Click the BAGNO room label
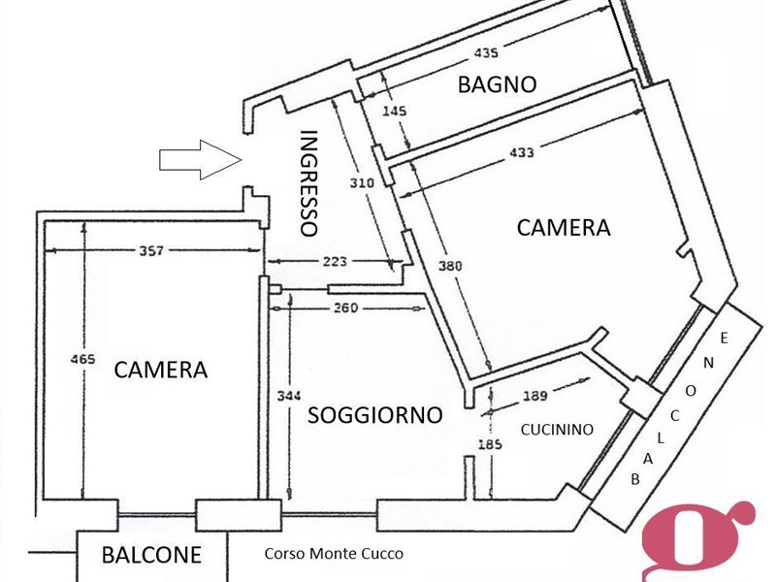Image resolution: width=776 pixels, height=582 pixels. coord(497,84)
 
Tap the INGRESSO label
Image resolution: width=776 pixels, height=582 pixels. coord(309,183)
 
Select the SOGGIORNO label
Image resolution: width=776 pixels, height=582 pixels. coord(374,415)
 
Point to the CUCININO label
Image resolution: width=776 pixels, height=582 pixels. coord(557,429)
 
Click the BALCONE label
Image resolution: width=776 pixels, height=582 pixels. coord(152,556)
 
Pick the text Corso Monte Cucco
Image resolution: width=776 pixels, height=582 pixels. coord(334,554)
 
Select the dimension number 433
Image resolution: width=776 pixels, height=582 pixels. coord(520,152)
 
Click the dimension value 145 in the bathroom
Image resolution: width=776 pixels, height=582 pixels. coord(395,112)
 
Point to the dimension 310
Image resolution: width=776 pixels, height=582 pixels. coord(362,183)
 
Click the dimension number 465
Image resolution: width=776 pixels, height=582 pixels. coord(83,360)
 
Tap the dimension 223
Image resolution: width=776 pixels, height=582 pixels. coord(334,261)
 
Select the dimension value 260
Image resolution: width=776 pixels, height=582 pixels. coord(345,308)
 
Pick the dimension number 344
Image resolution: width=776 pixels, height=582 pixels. coord(281,395)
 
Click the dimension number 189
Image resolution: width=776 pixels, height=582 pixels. coord(534,395)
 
